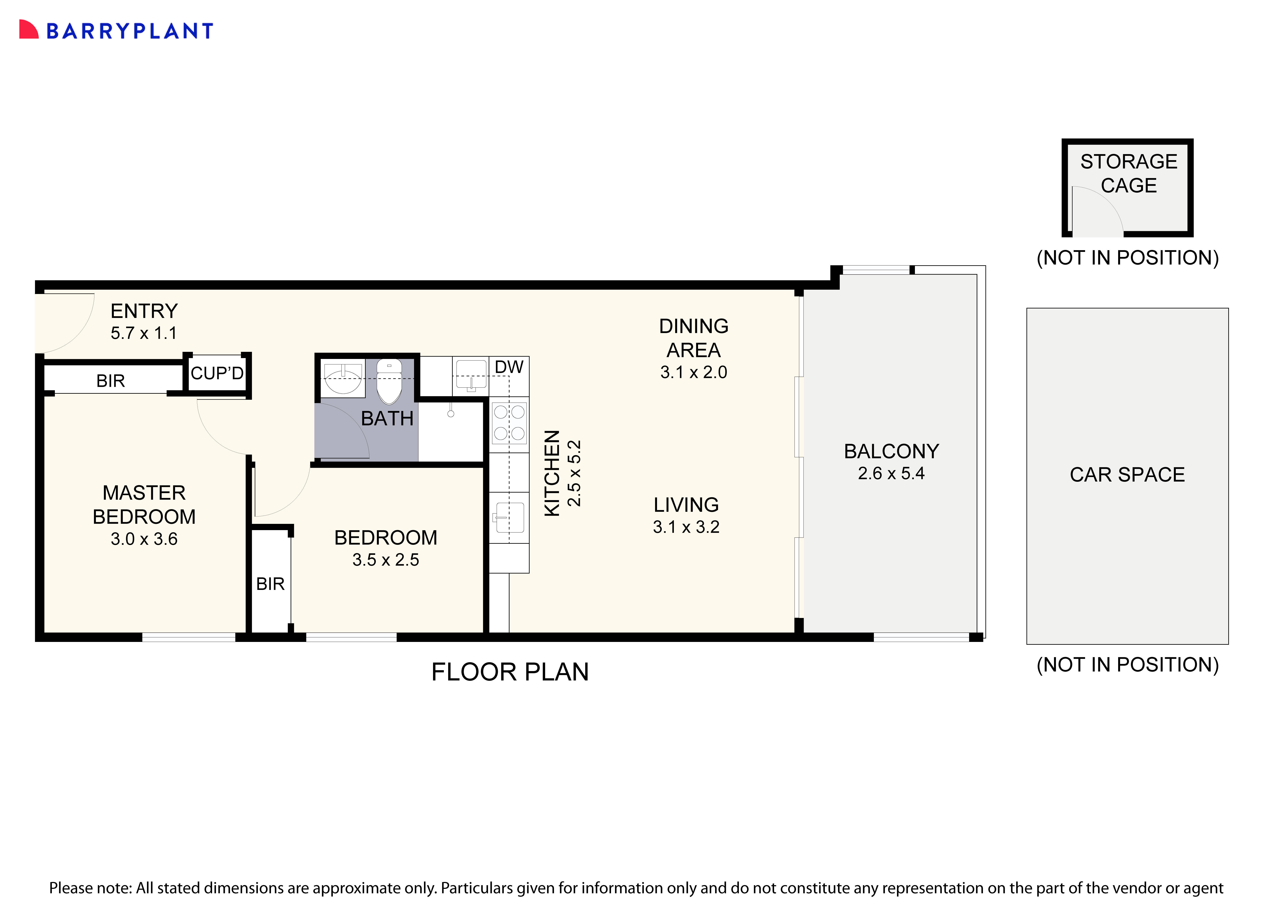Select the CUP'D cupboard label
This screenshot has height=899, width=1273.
click(217, 373)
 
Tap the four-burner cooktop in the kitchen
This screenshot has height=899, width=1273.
click(509, 423)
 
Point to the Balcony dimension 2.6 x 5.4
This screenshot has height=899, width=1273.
click(891, 473)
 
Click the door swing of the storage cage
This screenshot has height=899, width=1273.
click(1095, 211)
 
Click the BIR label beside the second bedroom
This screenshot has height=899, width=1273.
click(270, 584)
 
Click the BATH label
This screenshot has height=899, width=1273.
click(387, 419)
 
